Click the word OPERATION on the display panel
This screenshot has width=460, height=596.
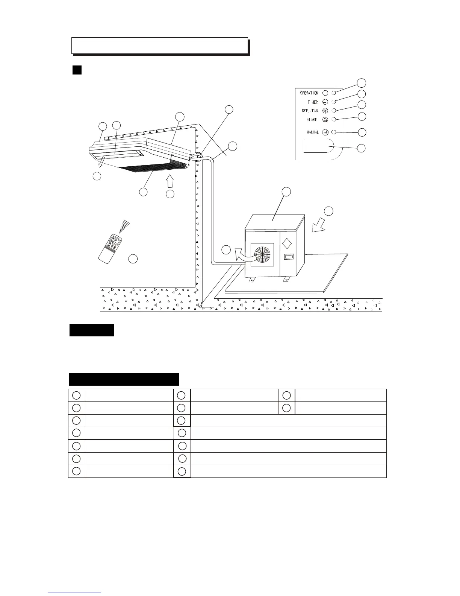click(x=309, y=93)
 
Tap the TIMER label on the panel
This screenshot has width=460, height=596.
click(x=312, y=102)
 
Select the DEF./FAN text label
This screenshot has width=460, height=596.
click(x=310, y=111)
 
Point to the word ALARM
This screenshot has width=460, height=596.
click(x=312, y=120)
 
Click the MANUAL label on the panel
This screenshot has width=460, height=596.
click(x=312, y=132)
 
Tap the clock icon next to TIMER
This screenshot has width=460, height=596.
click(x=325, y=102)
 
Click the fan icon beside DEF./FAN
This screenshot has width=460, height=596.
click(x=325, y=111)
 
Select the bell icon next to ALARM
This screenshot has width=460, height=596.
click(x=325, y=120)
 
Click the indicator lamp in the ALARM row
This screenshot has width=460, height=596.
click(x=333, y=119)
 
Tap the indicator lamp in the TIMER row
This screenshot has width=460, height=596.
click(x=333, y=102)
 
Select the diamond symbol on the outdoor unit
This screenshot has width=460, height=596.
click(x=287, y=243)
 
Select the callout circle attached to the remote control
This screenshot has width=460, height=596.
click(x=133, y=258)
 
